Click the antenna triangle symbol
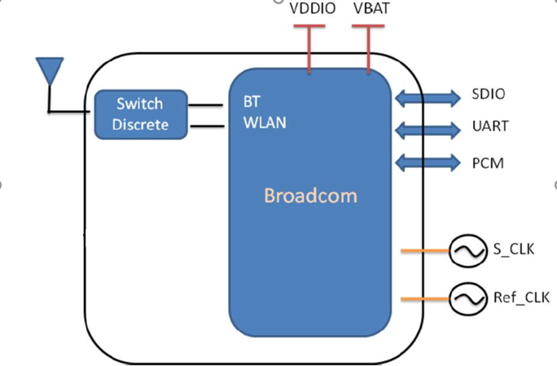click(50, 68)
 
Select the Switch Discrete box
click(141, 114)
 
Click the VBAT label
click(371, 11)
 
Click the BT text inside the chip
click(252, 104)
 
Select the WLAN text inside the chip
click(265, 124)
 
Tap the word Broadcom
click(310, 196)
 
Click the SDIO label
click(489, 95)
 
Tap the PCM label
click(488, 163)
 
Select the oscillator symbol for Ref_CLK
click(466, 299)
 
